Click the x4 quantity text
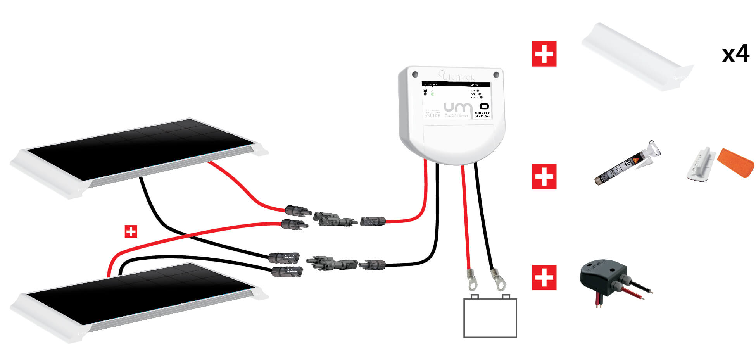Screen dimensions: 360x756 click(735, 54)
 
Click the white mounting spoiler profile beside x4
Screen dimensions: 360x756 click(636, 58)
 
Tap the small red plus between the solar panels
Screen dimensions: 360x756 click(131, 232)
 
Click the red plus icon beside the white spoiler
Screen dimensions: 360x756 click(544, 54)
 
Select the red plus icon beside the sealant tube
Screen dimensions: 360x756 click(544, 176)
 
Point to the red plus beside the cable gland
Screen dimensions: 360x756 click(544, 277)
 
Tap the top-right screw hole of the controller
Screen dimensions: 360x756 click(496, 74)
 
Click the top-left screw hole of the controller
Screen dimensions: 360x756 click(415, 74)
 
